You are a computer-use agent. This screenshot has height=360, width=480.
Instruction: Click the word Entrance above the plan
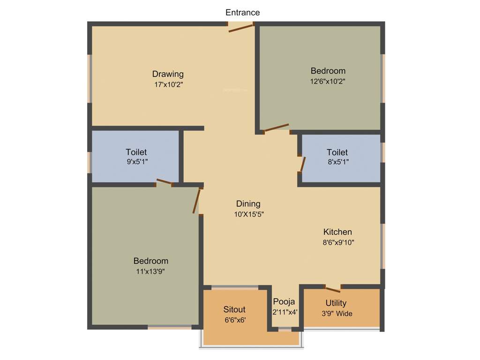coord(242,12)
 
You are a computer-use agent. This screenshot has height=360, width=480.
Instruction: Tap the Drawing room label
coord(168,74)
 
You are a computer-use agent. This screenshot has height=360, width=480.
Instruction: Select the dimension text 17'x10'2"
coord(168,85)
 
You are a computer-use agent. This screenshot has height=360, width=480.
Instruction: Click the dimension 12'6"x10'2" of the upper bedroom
coord(328,81)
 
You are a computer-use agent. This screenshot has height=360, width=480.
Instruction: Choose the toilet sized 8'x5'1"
coord(337,152)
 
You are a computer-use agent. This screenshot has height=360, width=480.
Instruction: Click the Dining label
coord(248,203)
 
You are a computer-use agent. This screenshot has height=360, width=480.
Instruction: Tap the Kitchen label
coord(337,232)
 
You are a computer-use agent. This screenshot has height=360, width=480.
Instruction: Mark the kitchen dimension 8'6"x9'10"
coord(337,243)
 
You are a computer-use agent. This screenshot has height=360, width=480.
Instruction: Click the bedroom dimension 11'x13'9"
coord(150,271)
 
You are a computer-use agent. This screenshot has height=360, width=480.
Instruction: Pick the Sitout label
coord(234,309)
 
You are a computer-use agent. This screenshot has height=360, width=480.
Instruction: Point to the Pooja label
coord(284,301)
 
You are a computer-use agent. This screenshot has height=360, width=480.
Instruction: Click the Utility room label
coord(336,303)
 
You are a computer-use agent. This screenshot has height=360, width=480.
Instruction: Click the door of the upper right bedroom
coord(277,128)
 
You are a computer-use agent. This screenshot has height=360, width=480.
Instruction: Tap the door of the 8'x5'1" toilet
coord(302,164)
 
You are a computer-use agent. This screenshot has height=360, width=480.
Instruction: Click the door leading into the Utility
coord(333,289)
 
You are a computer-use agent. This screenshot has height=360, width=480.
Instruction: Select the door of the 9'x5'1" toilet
coord(164,182)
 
